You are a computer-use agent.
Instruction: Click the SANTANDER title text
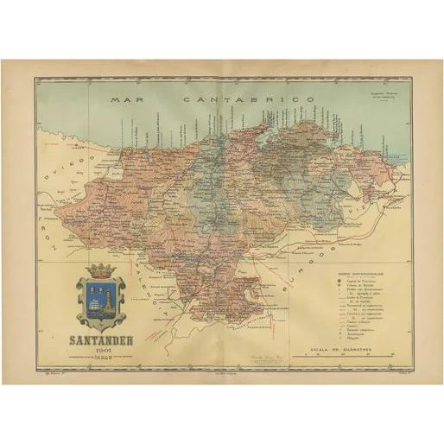click(x=101, y=339)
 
